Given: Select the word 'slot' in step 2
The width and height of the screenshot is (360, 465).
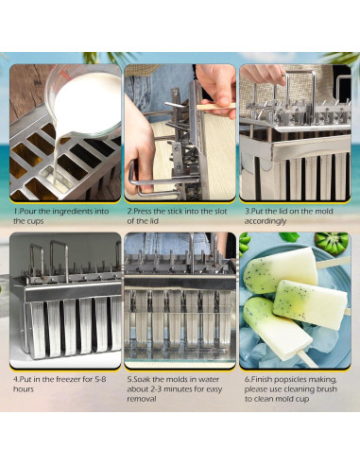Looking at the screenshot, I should tap(216, 213).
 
